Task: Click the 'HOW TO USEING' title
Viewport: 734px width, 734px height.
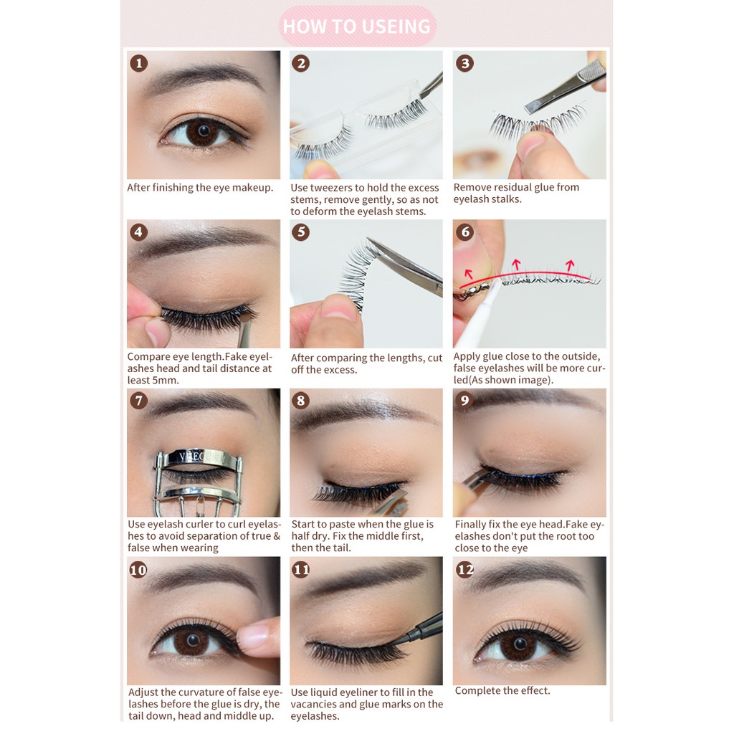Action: (357, 27)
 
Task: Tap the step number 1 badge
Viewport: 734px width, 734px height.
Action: (139, 63)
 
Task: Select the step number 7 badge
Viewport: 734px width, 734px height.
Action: (139, 401)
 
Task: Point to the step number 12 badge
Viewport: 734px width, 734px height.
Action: (465, 569)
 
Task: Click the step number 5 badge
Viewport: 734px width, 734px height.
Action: (301, 232)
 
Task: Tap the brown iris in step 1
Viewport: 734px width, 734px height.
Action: (203, 133)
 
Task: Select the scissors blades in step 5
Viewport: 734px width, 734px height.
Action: (405, 266)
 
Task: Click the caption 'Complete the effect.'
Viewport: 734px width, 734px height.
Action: (502, 690)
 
